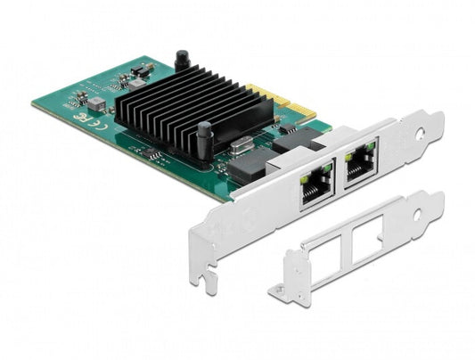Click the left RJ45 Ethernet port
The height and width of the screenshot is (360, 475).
pos(315,188)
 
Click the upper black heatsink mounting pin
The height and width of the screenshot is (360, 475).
pos(182,61)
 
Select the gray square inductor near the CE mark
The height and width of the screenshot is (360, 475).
pos(97,104)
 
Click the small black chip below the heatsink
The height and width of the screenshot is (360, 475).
pos(153,155)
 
